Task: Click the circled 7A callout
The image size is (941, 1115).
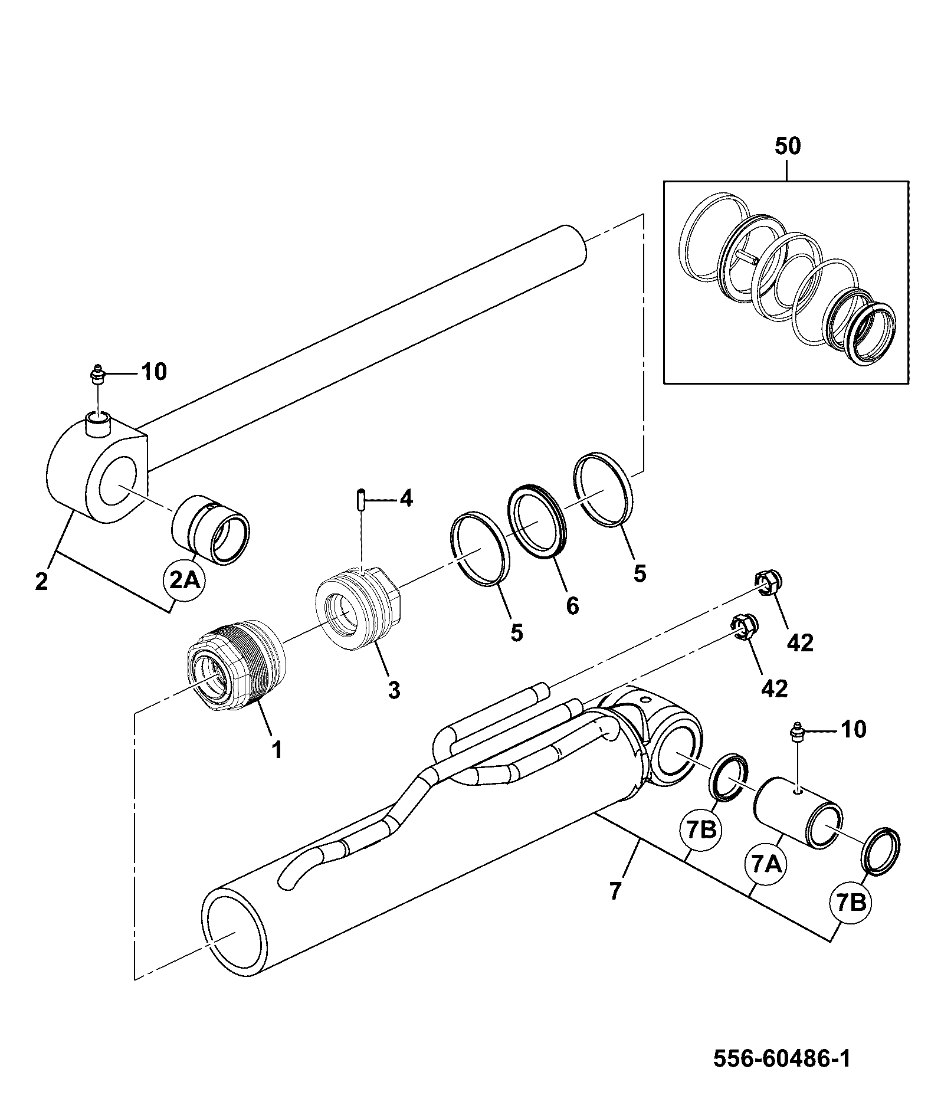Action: [766, 865]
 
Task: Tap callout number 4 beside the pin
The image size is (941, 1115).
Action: [406, 499]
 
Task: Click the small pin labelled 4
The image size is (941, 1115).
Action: [360, 499]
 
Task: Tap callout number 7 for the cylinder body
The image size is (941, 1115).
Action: [615, 891]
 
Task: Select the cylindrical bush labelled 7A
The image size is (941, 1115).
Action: [799, 814]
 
